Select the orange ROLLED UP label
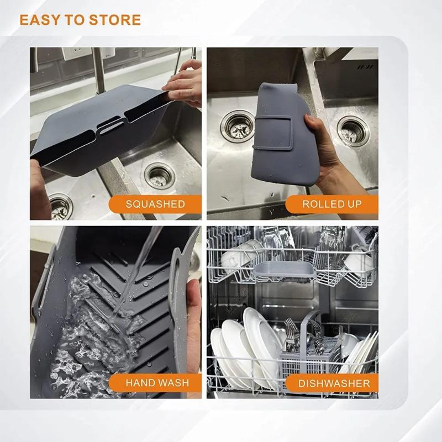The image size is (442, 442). click(331, 204)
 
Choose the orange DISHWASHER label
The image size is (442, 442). click(334, 382)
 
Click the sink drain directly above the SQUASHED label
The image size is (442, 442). click(160, 176)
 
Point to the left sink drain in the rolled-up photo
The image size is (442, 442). click(238, 125)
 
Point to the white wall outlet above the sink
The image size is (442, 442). click(72, 54)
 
